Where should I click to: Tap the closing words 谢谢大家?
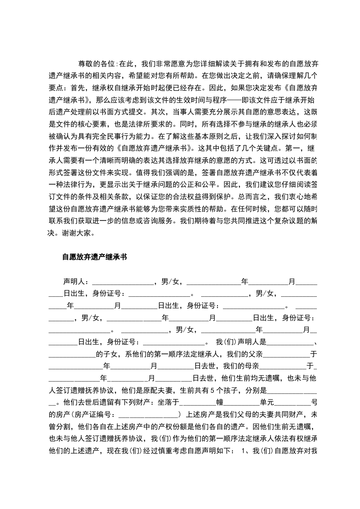(x=81, y=234)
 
